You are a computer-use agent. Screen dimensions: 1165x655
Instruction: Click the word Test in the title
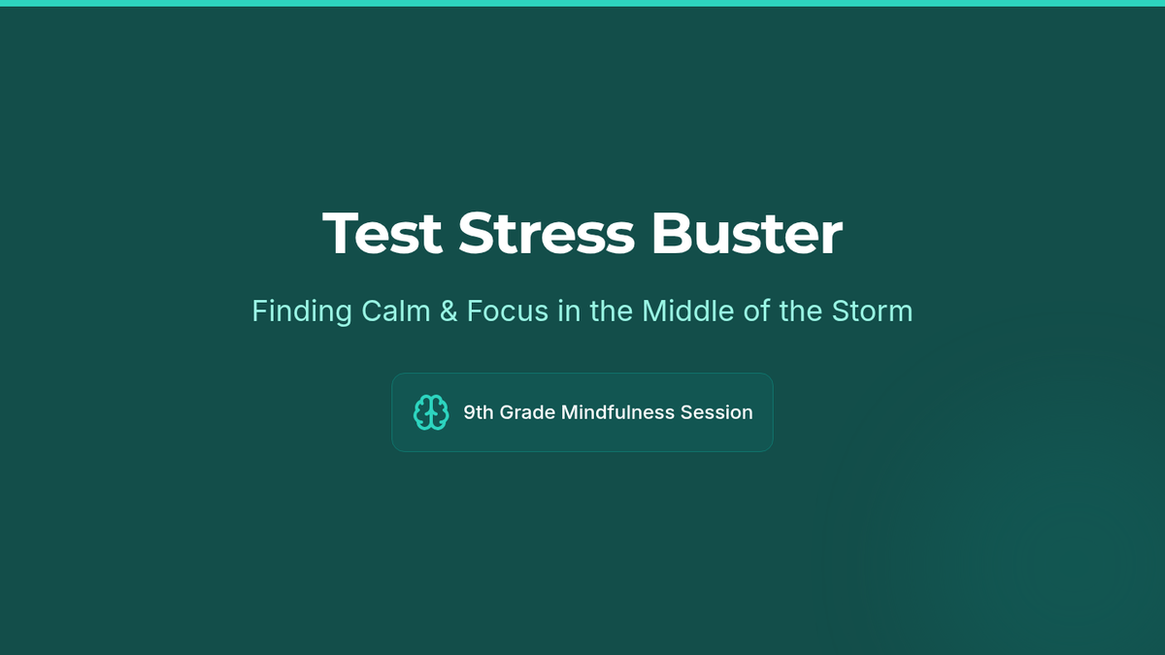[383, 234]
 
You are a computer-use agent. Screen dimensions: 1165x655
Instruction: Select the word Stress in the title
[546, 234]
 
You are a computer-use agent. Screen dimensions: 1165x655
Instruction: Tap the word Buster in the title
[747, 234]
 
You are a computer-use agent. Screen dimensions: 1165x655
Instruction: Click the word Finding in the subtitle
[302, 311]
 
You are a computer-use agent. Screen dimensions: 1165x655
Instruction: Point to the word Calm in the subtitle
[396, 311]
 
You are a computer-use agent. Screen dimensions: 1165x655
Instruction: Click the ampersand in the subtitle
[449, 311]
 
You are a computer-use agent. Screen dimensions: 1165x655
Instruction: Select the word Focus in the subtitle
[508, 311]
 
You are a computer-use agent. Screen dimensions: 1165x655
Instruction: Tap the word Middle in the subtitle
[688, 311]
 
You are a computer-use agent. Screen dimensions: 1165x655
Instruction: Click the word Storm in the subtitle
[872, 311]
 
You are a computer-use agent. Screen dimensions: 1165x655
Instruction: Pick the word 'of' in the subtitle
[756, 311]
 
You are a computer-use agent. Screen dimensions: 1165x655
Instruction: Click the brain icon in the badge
[431, 412]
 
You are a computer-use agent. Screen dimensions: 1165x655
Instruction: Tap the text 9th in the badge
[479, 412]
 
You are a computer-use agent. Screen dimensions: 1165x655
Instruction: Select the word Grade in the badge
[527, 412]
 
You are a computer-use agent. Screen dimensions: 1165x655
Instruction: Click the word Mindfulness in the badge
[617, 412]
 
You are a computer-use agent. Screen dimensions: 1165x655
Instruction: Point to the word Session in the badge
[716, 412]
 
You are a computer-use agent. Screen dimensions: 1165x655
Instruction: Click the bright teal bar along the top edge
[582, 3]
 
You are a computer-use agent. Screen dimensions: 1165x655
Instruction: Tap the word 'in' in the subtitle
[569, 311]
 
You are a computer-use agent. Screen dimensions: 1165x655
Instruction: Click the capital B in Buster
[671, 234]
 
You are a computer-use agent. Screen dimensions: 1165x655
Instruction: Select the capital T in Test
[341, 234]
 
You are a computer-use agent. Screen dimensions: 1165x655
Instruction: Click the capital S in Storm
[842, 311]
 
